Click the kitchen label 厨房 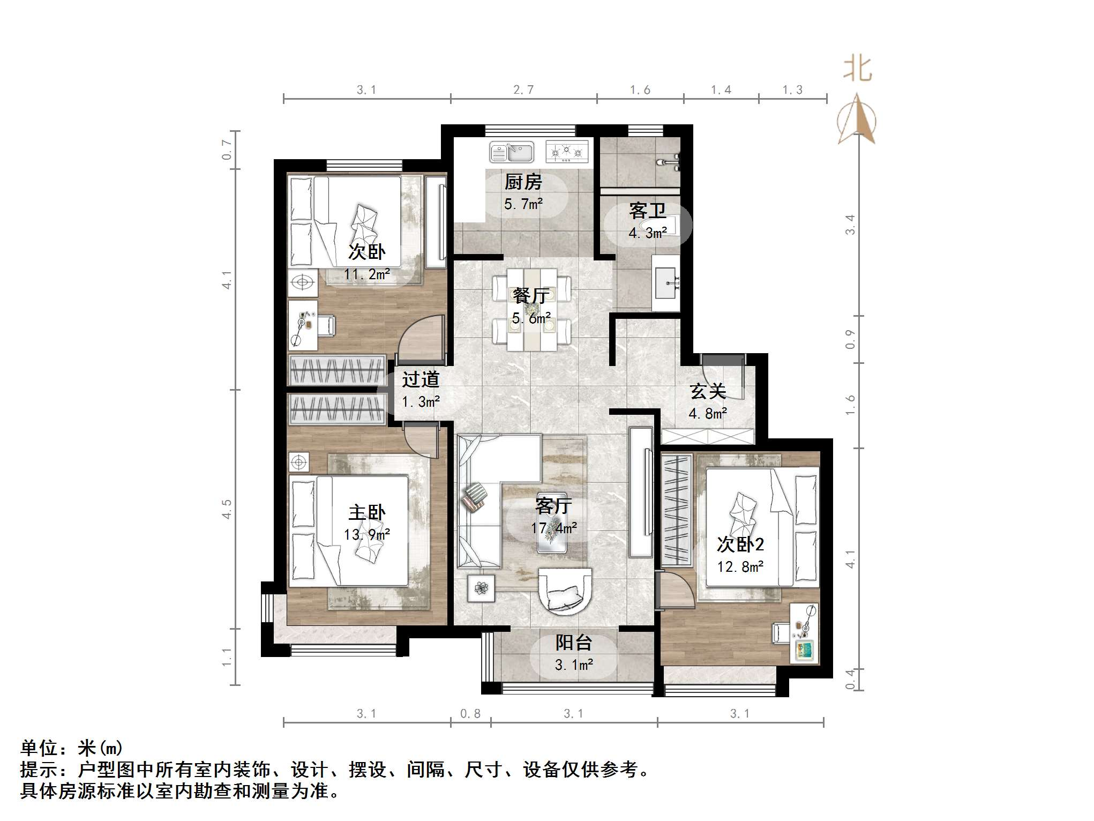pos(523,182)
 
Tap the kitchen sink pos(512,152)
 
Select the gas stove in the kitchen pos(567,152)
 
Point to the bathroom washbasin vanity pos(666,282)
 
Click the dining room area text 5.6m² pos(531,318)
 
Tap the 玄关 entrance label pos(708,391)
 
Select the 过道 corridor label pos(421,379)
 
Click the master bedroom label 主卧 pos(366,512)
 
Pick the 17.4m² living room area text pos(553,528)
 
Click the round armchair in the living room pos(565,592)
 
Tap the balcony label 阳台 pos(573,642)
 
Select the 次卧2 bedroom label pos(740,544)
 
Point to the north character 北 pos(857,70)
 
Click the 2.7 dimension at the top pos(523,89)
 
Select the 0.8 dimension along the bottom pos(470,714)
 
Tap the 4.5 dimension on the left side pos(227,509)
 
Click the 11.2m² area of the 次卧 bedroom pos(366,274)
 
